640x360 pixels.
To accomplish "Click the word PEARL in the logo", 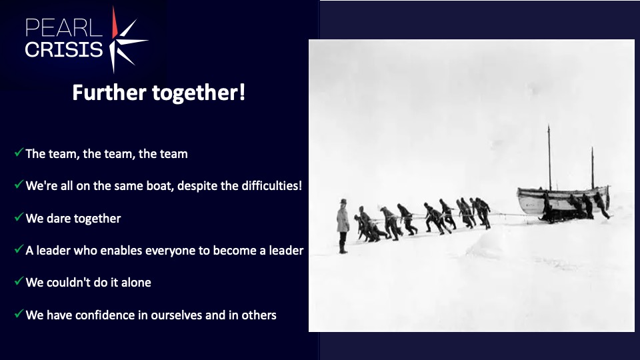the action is tap(64, 28).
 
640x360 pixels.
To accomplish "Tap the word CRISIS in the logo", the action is tap(64, 49).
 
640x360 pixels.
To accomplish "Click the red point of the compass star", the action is tap(115, 24).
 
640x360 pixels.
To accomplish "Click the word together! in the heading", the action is tap(199, 93).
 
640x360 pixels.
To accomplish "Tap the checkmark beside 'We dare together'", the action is tap(19, 217).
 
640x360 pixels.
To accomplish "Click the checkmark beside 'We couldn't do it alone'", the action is tap(19, 281).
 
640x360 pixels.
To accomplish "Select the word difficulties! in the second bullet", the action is tap(272, 186).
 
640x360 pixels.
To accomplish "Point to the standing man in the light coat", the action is tap(343, 226).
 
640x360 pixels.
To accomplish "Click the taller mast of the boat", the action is tap(549, 157).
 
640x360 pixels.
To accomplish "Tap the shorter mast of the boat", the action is tap(593, 168).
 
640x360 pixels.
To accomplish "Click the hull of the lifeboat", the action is tap(563, 201).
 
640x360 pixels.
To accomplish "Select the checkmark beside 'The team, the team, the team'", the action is tap(19, 153).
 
